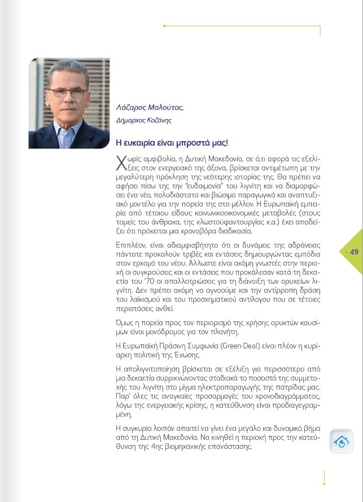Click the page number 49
pos(354,252)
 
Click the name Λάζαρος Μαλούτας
pos(150,107)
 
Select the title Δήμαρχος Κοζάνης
pos(144,120)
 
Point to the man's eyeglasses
pos(67,92)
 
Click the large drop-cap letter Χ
pos(120,163)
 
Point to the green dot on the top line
pos(164,26)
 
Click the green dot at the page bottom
pos(324,483)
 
